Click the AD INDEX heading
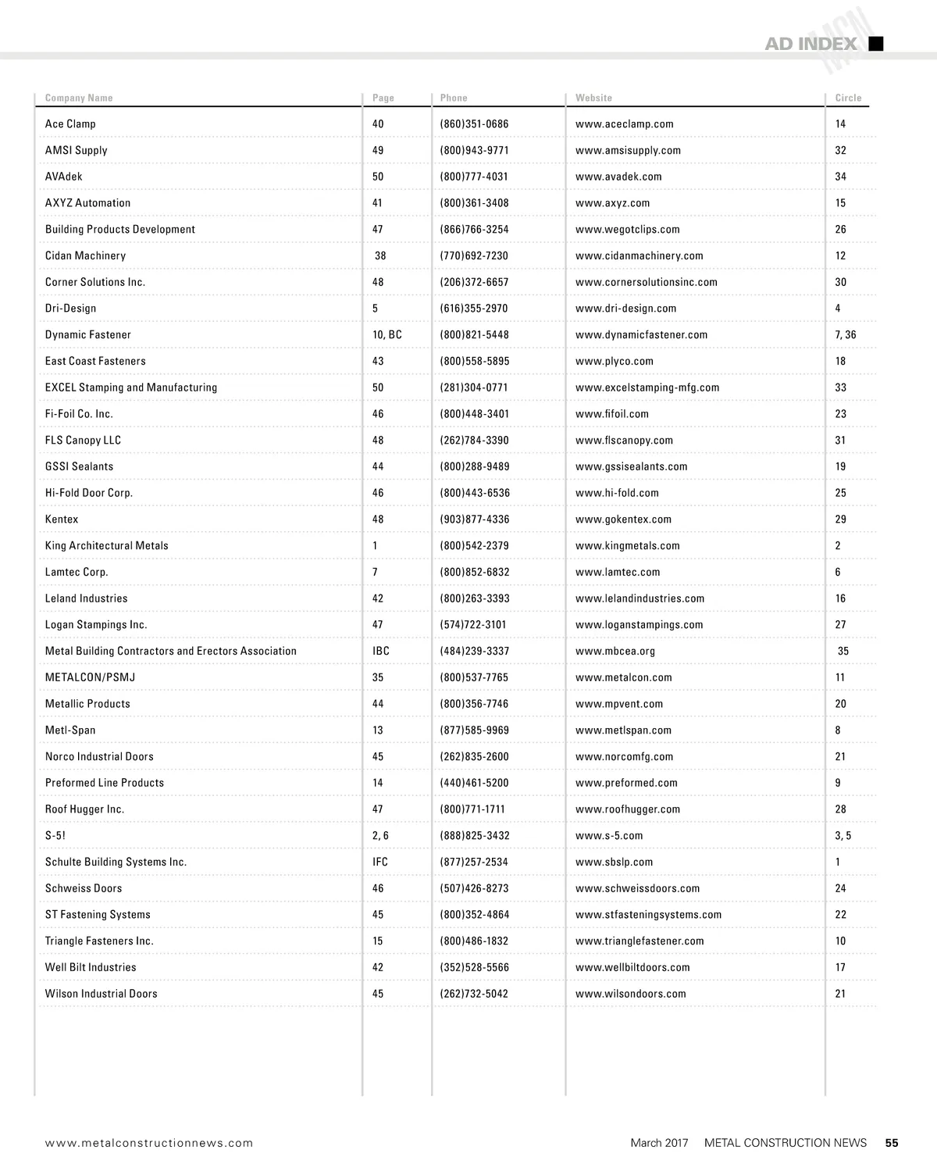point(811,44)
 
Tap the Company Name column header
point(79,98)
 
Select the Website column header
point(593,98)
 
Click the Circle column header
point(848,98)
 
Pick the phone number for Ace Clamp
point(474,124)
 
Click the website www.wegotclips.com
point(627,230)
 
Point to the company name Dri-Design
point(70,309)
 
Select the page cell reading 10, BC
point(387,335)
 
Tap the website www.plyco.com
point(614,361)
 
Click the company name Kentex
point(62,520)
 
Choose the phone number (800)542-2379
point(474,546)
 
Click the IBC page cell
point(381,651)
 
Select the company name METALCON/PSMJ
point(90,677)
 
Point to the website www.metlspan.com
point(623,730)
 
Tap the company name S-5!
point(55,836)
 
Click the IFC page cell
point(380,862)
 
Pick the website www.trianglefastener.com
point(640,941)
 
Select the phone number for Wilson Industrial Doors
point(474,994)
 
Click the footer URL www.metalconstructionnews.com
point(149,1143)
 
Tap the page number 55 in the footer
point(892,1143)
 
